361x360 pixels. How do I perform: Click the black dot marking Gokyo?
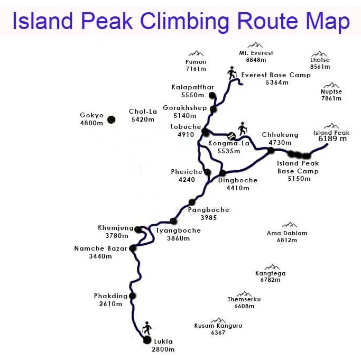point(111,120)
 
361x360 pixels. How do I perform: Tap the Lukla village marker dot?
point(147,340)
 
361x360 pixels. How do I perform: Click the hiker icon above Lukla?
point(147,327)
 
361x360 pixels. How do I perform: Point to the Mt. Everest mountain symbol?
point(255,45)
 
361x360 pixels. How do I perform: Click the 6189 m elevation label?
point(333,139)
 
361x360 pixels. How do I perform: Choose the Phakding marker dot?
point(132,296)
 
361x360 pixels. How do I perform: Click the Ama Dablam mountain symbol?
point(289,225)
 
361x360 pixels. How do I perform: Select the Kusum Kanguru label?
point(218,326)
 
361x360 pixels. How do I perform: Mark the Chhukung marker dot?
point(271,151)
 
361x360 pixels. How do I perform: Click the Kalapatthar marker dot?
point(212,96)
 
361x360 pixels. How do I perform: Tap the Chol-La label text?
point(141,112)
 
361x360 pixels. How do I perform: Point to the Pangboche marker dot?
point(192,202)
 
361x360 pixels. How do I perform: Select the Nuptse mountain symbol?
point(332,85)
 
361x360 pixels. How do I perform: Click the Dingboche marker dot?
point(223,173)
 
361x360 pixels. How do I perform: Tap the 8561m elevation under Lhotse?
point(320,67)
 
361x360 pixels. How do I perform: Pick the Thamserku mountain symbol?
point(244,293)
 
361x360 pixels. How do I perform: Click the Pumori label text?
point(196,62)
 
